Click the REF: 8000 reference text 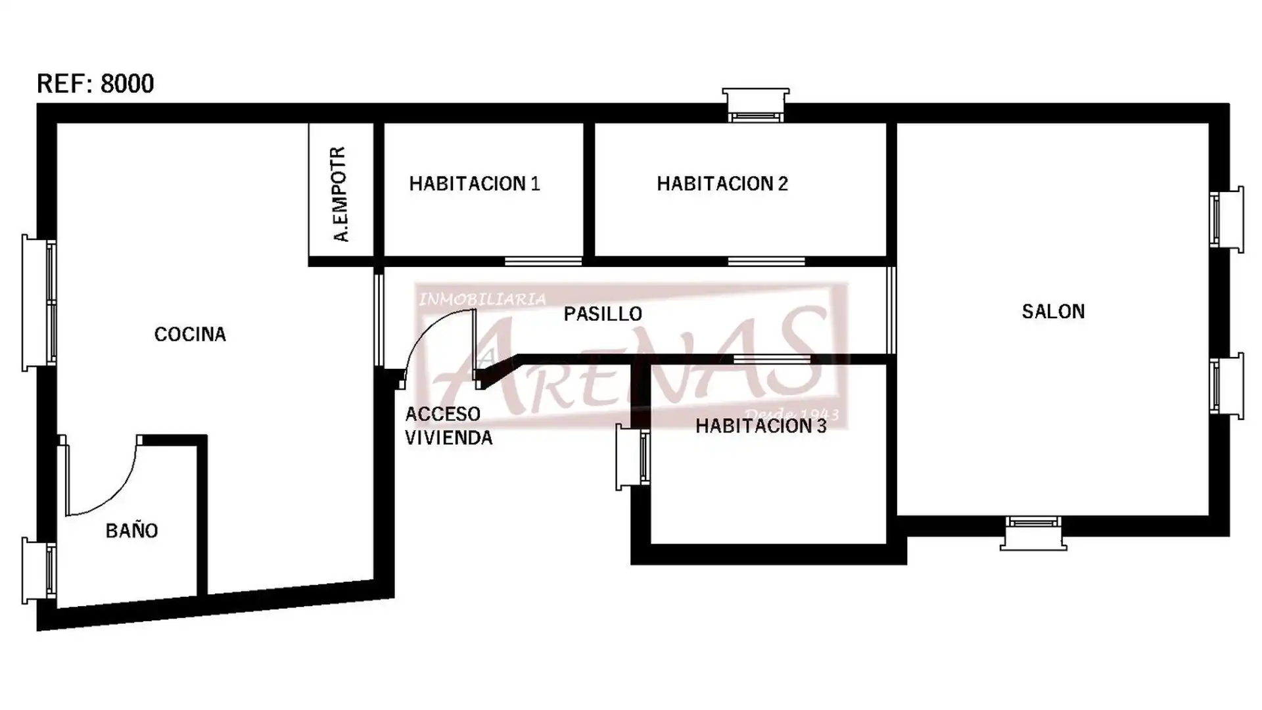click(x=95, y=83)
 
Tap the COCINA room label click(x=190, y=335)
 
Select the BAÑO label click(x=131, y=530)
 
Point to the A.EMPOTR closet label click(x=340, y=194)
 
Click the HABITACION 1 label click(x=475, y=183)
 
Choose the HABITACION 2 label click(x=722, y=183)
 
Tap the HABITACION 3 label click(x=761, y=426)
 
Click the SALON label click(x=1053, y=312)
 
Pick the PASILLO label click(x=603, y=314)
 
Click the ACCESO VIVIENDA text click(x=449, y=426)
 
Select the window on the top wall click(x=756, y=105)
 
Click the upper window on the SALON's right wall click(x=1227, y=219)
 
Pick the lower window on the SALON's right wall click(x=1227, y=386)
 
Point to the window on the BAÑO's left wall click(x=39, y=570)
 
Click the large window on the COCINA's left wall click(x=39, y=302)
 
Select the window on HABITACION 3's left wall click(x=633, y=457)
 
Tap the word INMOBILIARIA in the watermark click(x=482, y=300)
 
